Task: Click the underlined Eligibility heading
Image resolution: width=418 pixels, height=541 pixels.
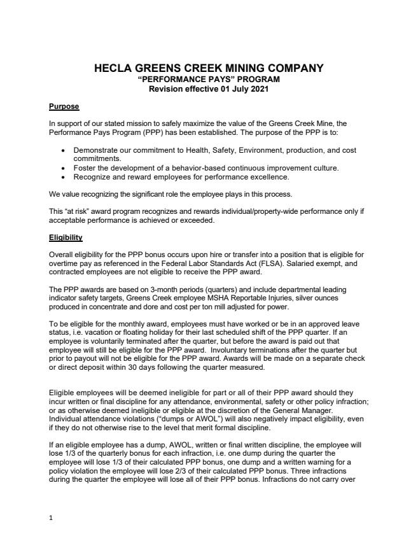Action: pyautogui.click(x=66, y=239)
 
